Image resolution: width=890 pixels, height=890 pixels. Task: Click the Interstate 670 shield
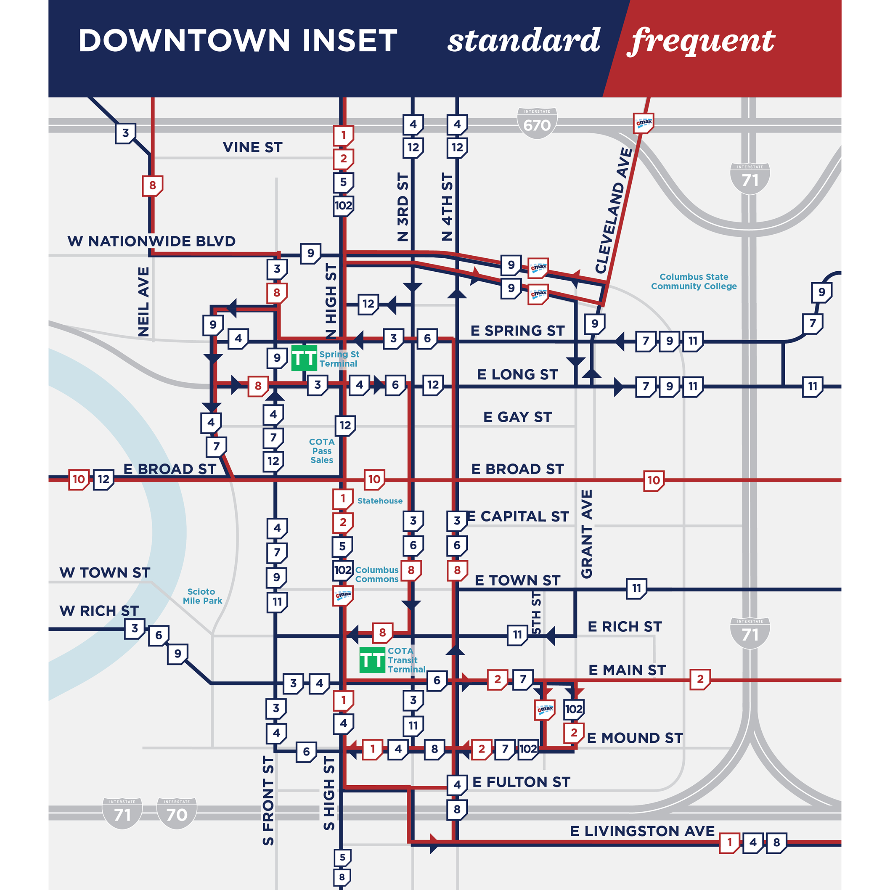(537, 123)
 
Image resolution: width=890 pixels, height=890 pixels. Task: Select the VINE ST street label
(252, 147)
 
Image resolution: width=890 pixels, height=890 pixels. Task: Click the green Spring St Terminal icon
(304, 358)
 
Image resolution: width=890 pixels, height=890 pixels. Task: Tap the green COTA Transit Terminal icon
(372, 660)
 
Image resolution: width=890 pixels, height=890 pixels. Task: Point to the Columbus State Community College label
(693, 281)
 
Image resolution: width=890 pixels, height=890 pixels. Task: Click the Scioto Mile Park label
(202, 596)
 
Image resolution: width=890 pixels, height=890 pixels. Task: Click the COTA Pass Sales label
(321, 451)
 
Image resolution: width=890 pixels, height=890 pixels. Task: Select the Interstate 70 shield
(177, 813)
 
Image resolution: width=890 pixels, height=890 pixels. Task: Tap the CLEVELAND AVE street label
(614, 211)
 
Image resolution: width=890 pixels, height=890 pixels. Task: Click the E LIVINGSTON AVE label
(642, 831)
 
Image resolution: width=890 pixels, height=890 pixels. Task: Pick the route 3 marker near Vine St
(125, 133)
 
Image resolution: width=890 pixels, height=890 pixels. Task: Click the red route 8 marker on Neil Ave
(153, 185)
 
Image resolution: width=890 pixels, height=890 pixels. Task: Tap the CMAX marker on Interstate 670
(644, 123)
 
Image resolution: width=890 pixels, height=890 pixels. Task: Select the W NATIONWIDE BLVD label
(151, 241)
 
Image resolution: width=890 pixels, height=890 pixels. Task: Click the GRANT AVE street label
(586, 534)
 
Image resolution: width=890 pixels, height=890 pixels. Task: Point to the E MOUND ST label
(634, 738)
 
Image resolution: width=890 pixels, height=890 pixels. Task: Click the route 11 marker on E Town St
(636, 588)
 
